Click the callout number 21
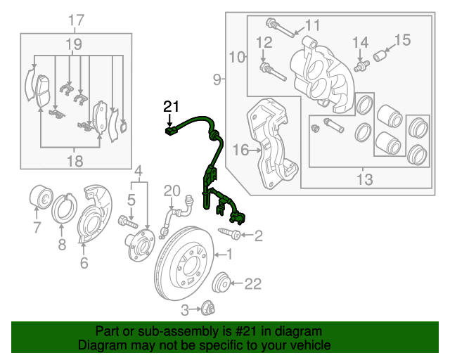pos(172,107)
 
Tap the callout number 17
pos(76,20)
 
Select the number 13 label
pos(364,180)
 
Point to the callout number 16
pos(240,150)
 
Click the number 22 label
pos(252,284)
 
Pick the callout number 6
pos(84,264)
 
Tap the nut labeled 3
pos(207,308)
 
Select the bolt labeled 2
pos(230,233)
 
